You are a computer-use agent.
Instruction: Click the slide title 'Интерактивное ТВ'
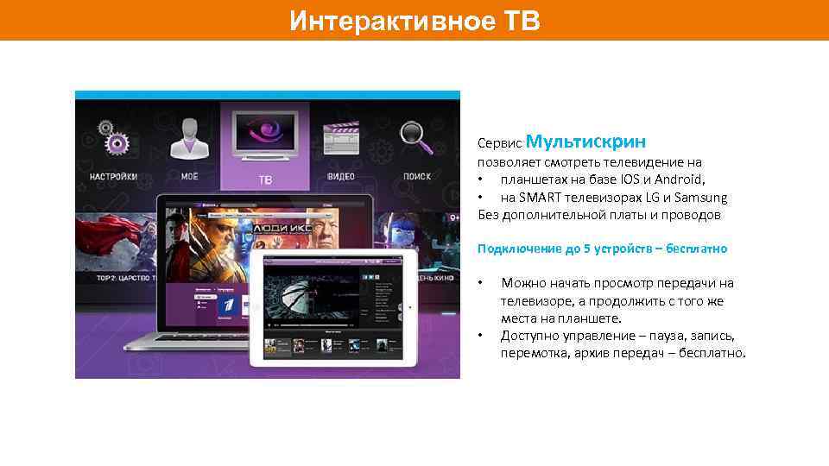click(x=414, y=20)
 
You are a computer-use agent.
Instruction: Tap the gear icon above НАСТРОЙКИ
click(x=111, y=137)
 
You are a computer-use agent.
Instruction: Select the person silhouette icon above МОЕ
click(x=188, y=137)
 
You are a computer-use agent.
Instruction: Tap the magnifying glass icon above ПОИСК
click(x=416, y=136)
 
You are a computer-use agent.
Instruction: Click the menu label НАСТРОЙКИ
click(x=112, y=177)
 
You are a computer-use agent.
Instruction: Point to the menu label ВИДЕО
click(x=341, y=177)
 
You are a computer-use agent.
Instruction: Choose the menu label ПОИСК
click(x=416, y=177)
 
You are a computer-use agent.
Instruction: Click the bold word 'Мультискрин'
click(x=585, y=141)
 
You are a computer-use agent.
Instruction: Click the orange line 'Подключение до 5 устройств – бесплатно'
click(x=602, y=249)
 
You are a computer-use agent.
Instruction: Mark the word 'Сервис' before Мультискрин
click(x=497, y=144)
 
